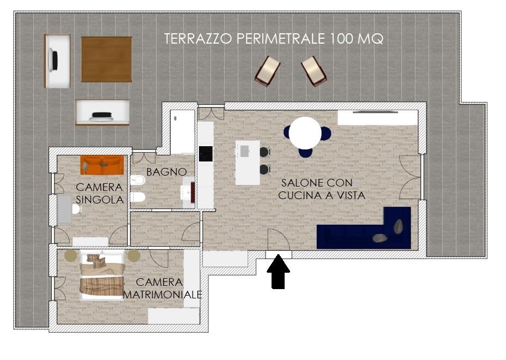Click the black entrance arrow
[x=278, y=271]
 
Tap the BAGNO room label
[x=166, y=172]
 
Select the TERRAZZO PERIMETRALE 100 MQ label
[x=274, y=39]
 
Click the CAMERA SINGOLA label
[x=100, y=193]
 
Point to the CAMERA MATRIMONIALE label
[x=162, y=288]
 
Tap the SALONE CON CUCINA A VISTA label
[x=321, y=189]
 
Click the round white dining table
[x=305, y=133]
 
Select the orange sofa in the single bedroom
[x=102, y=165]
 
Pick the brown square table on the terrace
[x=106, y=59]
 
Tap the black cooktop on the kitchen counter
[x=206, y=154]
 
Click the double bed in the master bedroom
[x=102, y=276]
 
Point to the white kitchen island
[x=248, y=163]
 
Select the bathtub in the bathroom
[x=183, y=132]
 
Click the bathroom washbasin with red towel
[x=189, y=193]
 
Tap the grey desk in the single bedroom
[x=64, y=209]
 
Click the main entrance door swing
[x=279, y=239]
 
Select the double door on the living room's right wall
[x=410, y=177]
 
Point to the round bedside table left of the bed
[x=71, y=256]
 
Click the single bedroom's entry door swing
[x=118, y=235]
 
